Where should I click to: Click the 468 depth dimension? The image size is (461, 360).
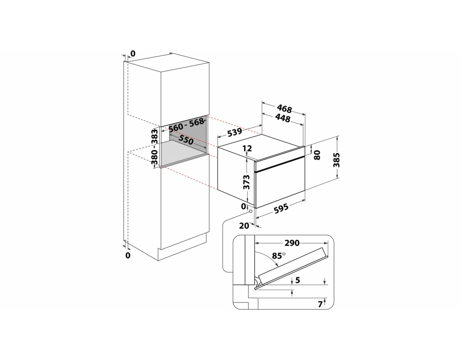[285, 109]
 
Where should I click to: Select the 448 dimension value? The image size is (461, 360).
[283, 118]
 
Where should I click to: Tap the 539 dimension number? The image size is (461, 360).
[235, 132]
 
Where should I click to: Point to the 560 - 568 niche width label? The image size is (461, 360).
[186, 125]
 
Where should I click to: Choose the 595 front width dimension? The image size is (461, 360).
[281, 208]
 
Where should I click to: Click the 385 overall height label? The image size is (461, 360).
[336, 160]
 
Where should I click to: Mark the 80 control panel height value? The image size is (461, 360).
[317, 155]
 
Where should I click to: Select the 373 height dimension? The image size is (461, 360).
[246, 182]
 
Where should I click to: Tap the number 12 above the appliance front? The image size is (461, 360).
[248, 148]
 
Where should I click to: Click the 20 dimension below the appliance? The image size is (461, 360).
[244, 226]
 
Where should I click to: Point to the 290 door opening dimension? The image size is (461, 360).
[292, 243]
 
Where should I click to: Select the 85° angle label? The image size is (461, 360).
[279, 256]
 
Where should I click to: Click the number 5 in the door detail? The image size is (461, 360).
[298, 280]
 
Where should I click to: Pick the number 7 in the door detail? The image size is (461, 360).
[320, 305]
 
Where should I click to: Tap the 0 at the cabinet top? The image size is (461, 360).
[133, 54]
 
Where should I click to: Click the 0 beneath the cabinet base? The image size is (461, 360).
[127, 256]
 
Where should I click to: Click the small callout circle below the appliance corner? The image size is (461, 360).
[250, 211]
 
